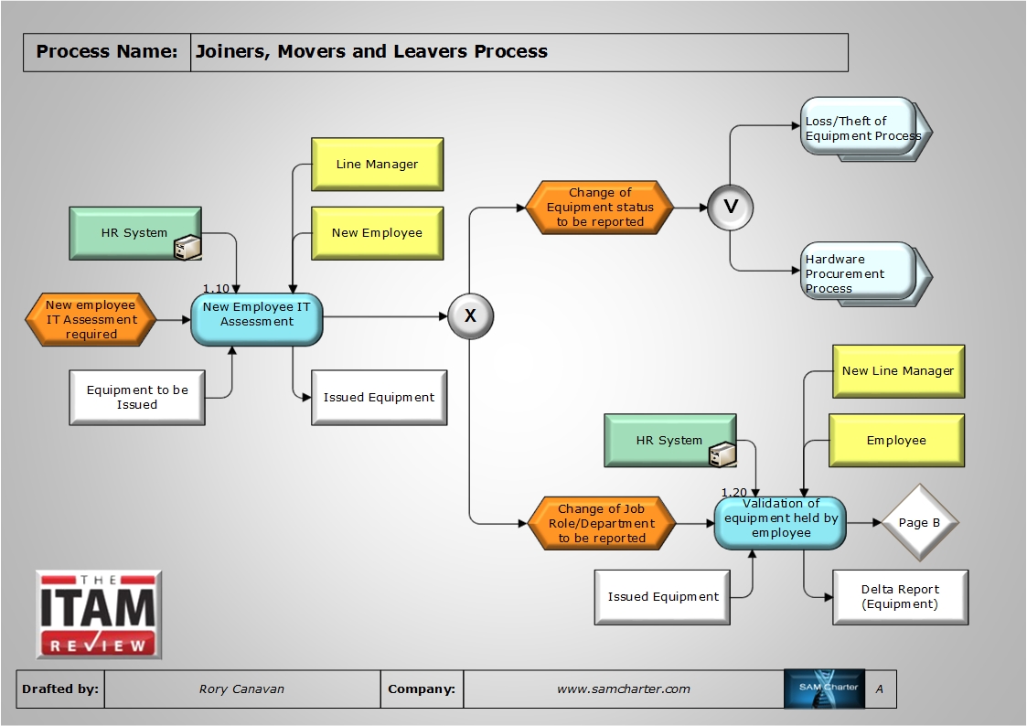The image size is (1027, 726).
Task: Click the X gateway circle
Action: pos(471,316)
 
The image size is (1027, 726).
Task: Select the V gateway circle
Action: pos(730,207)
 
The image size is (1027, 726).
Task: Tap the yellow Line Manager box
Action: pos(377,165)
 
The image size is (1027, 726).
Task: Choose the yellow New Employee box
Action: pos(377,233)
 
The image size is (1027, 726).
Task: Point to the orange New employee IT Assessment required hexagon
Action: pos(91,320)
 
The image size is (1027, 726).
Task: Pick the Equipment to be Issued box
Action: pos(137,397)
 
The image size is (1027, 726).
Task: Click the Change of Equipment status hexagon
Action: pos(600,208)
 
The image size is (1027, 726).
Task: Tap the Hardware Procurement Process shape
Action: pos(861,272)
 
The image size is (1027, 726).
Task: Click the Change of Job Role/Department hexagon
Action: pos(602,524)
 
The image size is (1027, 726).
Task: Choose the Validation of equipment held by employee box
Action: pos(780,522)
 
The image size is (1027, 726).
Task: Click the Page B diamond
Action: pos(919,523)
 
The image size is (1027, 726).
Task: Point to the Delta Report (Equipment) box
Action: pos(900,597)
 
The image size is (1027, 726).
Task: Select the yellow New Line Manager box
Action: pos(898,371)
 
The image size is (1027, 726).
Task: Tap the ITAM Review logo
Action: pos(99,614)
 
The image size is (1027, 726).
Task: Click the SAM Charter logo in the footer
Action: pos(823,689)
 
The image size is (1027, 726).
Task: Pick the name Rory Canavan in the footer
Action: pos(241,689)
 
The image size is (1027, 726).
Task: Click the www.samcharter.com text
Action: pos(624,689)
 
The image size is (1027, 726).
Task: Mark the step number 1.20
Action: pos(733,492)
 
